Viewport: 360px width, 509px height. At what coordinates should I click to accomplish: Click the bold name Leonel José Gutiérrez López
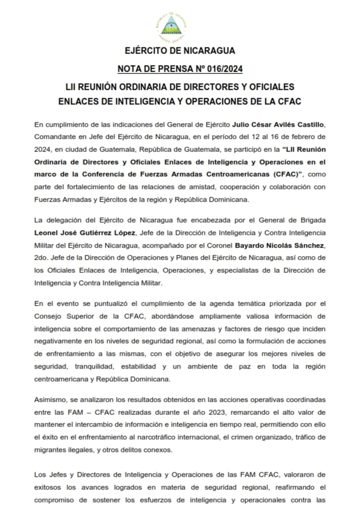(x=81, y=233)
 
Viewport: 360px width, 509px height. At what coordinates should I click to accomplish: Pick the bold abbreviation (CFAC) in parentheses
(x=285, y=174)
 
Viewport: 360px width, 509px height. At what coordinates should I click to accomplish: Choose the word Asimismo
(x=49, y=400)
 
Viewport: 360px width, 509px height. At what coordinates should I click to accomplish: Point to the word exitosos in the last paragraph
(x=46, y=488)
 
